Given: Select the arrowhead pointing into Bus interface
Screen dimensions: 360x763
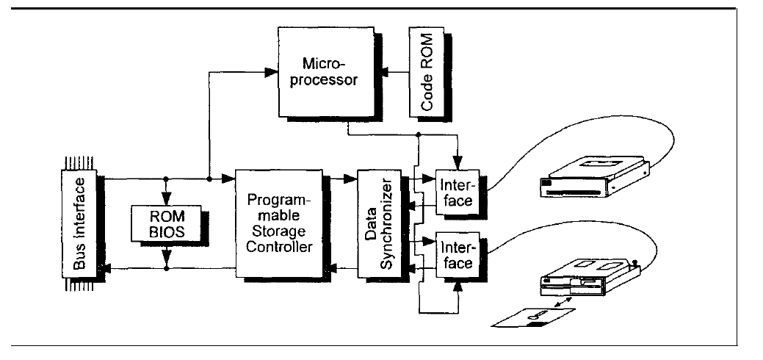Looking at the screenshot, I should (109, 270).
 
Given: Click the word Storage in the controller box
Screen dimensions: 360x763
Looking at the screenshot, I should (280, 234).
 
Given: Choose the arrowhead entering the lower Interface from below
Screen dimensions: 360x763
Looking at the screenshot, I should (459, 284).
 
